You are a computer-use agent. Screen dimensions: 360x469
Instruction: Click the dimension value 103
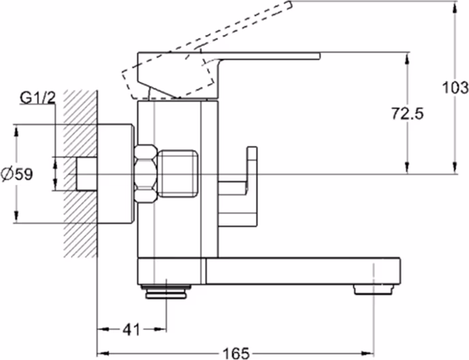pos(455,87)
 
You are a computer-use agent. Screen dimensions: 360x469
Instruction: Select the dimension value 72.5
pos(408,115)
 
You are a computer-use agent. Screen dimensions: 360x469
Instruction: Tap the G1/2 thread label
pos(37,98)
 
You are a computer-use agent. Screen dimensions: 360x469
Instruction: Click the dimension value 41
pos(132,330)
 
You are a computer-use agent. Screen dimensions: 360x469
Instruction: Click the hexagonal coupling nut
pos(146,174)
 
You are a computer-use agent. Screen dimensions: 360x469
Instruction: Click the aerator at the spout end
pos(374,289)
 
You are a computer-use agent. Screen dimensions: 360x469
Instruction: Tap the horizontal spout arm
pos(300,270)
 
